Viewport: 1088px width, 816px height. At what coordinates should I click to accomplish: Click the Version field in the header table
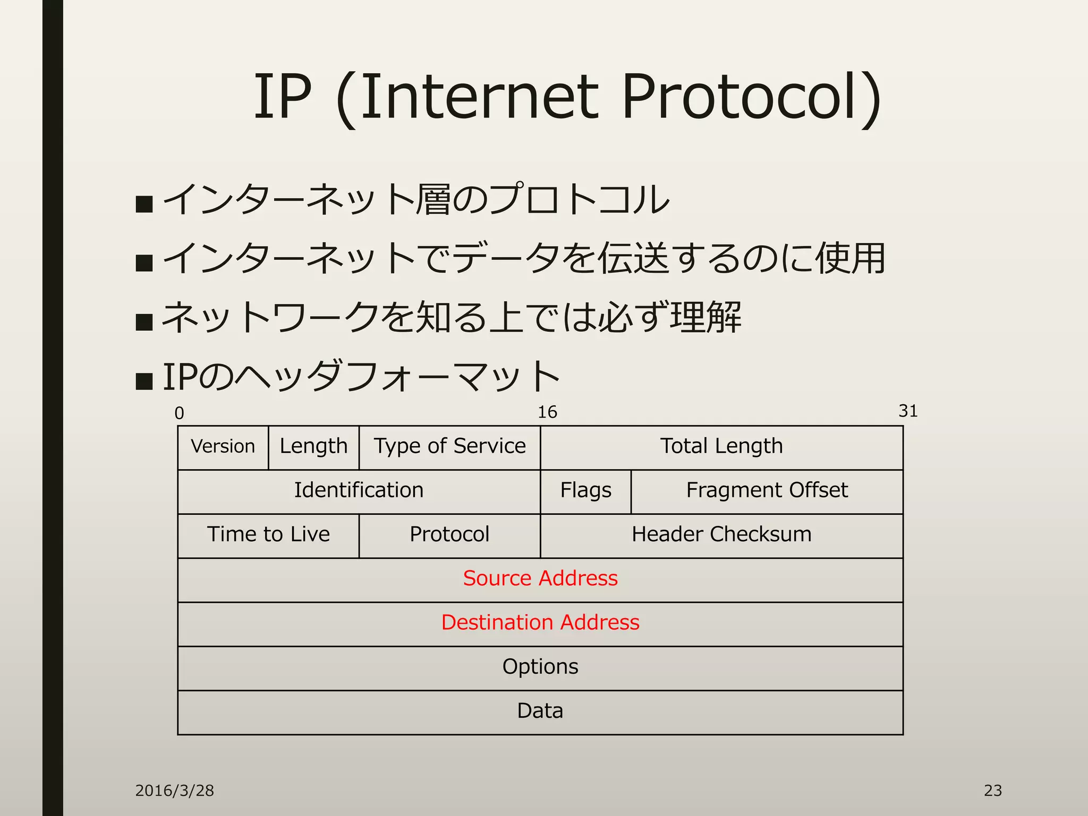pos(223,446)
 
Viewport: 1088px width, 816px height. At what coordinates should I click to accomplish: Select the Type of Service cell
pos(449,446)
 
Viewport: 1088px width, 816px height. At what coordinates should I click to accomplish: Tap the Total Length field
pos(721,446)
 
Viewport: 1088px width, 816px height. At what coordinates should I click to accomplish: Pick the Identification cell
pos(359,490)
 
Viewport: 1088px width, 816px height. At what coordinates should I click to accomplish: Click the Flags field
pos(585,490)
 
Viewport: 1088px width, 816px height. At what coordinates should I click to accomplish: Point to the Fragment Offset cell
pos(767,490)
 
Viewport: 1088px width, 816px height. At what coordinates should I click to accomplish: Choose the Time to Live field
pos(268,534)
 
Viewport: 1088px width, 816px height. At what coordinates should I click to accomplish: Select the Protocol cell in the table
pos(449,534)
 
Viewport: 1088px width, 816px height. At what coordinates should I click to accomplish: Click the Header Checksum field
pos(721,534)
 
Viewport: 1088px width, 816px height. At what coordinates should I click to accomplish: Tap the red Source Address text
pos(540,579)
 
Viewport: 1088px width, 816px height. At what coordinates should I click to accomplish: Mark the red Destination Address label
pos(540,623)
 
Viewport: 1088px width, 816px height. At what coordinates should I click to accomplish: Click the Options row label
pos(540,667)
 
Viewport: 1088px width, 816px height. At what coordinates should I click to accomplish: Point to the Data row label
pos(540,711)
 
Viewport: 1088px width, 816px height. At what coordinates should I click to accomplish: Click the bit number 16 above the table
pos(547,412)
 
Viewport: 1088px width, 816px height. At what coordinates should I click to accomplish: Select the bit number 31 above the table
pos(908,411)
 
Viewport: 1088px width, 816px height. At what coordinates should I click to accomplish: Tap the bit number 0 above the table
pos(180,413)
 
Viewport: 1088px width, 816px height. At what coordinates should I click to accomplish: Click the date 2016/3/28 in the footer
pos(174,790)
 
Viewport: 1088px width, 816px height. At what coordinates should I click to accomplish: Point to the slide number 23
pos(992,790)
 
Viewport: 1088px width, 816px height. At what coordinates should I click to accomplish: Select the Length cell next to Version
pos(313,446)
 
